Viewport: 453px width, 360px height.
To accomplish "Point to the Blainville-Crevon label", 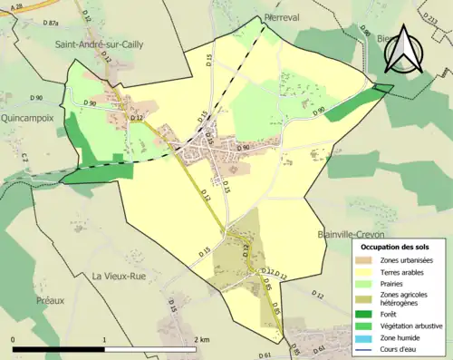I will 353,233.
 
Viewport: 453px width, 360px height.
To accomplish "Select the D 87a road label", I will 53,23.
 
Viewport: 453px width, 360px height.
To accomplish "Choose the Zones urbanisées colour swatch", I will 361,260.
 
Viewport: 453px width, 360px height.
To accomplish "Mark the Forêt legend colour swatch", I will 361,315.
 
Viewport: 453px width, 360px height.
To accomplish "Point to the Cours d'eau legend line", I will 361,351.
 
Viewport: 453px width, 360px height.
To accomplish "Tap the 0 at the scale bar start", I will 14,339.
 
